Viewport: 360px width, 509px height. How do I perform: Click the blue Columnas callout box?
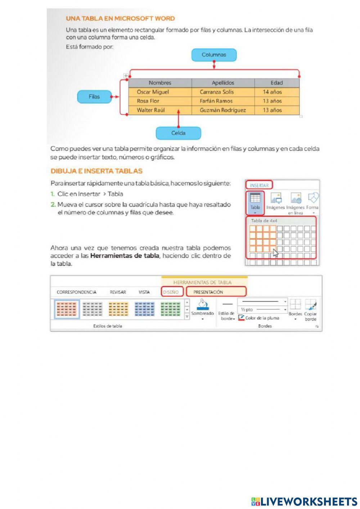tap(214, 55)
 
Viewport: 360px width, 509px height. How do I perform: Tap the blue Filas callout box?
tap(94, 97)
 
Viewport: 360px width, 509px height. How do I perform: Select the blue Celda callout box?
tap(178, 133)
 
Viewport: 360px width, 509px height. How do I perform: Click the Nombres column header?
tap(160, 83)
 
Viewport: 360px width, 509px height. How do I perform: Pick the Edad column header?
tap(276, 83)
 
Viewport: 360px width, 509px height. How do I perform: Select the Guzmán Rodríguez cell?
tap(222, 110)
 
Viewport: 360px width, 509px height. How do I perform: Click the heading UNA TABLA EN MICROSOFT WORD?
tap(120, 18)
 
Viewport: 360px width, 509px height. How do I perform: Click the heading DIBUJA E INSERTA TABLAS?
tap(96, 171)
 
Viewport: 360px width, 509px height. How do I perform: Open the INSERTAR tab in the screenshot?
tap(259, 186)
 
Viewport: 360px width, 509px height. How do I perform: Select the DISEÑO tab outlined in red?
tap(171, 292)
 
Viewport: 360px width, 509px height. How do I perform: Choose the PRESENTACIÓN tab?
tap(208, 292)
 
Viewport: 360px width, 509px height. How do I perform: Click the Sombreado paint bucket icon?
tap(203, 305)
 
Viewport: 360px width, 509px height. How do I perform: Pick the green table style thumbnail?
tap(170, 309)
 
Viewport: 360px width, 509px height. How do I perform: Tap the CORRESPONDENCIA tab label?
tap(76, 292)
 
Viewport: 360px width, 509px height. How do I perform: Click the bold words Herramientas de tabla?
tap(125, 256)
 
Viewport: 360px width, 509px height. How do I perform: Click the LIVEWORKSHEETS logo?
tap(305, 501)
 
